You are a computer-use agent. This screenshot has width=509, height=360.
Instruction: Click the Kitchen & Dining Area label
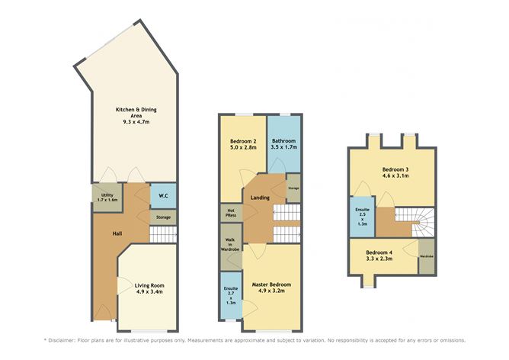pyautogui.click(x=126, y=113)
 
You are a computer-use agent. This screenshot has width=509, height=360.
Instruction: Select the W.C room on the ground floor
pyautogui.click(x=163, y=196)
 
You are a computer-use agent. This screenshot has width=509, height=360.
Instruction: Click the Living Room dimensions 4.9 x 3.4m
pyautogui.click(x=149, y=291)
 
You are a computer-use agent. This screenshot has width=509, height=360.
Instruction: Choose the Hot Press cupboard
pyautogui.click(x=231, y=211)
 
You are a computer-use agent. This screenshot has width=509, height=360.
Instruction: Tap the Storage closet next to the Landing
pyautogui.click(x=293, y=188)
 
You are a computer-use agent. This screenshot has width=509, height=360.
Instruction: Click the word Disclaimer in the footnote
pyautogui.click(x=69, y=339)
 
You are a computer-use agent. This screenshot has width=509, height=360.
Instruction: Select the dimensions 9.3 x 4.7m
pyautogui.click(x=126, y=122)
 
